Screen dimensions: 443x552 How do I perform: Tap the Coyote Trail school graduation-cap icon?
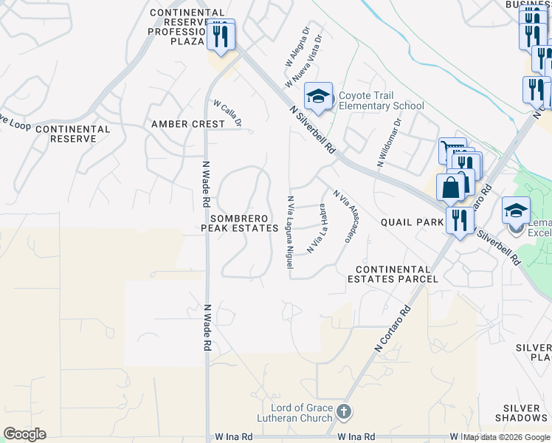pyautogui.click(x=319, y=97)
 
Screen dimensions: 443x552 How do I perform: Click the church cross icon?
pyautogui.click(x=343, y=411)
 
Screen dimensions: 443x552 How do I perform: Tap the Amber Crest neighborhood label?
pyautogui.click(x=187, y=124)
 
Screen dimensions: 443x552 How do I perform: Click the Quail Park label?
pyautogui.click(x=411, y=221)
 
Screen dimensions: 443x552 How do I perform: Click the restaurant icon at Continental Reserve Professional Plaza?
pyautogui.click(x=221, y=35)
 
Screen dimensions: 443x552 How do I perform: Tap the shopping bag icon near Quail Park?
pyautogui.click(x=450, y=187)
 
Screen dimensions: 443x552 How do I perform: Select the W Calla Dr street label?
pyautogui.click(x=227, y=113)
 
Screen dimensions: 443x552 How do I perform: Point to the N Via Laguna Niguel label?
pyautogui.click(x=291, y=232)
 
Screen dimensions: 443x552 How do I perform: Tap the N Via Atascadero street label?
pyautogui.click(x=341, y=215)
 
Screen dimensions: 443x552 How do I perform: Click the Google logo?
pyautogui.click(x=24, y=434)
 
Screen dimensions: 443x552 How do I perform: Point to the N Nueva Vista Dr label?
pyautogui.click(x=308, y=58)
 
